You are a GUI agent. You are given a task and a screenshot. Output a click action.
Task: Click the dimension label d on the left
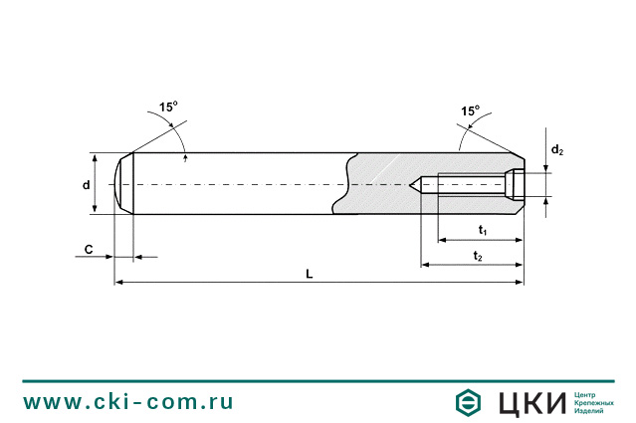coord(87,185)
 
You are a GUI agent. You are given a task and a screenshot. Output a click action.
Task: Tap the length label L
coord(310,274)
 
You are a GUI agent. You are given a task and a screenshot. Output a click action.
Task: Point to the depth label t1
coord(483,231)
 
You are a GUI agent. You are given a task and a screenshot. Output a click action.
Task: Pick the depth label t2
coord(478,257)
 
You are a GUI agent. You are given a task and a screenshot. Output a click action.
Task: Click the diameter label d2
coord(558,150)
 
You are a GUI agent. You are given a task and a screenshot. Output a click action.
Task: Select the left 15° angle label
coord(167,106)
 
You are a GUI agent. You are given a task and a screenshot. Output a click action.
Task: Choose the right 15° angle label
coord(470,110)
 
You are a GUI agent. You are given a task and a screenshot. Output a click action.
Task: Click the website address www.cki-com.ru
coord(128,402)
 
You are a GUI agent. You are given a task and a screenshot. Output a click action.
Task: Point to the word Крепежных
coord(594,402)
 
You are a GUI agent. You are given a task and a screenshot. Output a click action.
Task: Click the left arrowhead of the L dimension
coord(119,283)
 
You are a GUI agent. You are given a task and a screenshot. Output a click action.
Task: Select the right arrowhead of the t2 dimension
coord(519,265)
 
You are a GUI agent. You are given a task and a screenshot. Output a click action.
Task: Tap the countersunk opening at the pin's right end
coord(518,185)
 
